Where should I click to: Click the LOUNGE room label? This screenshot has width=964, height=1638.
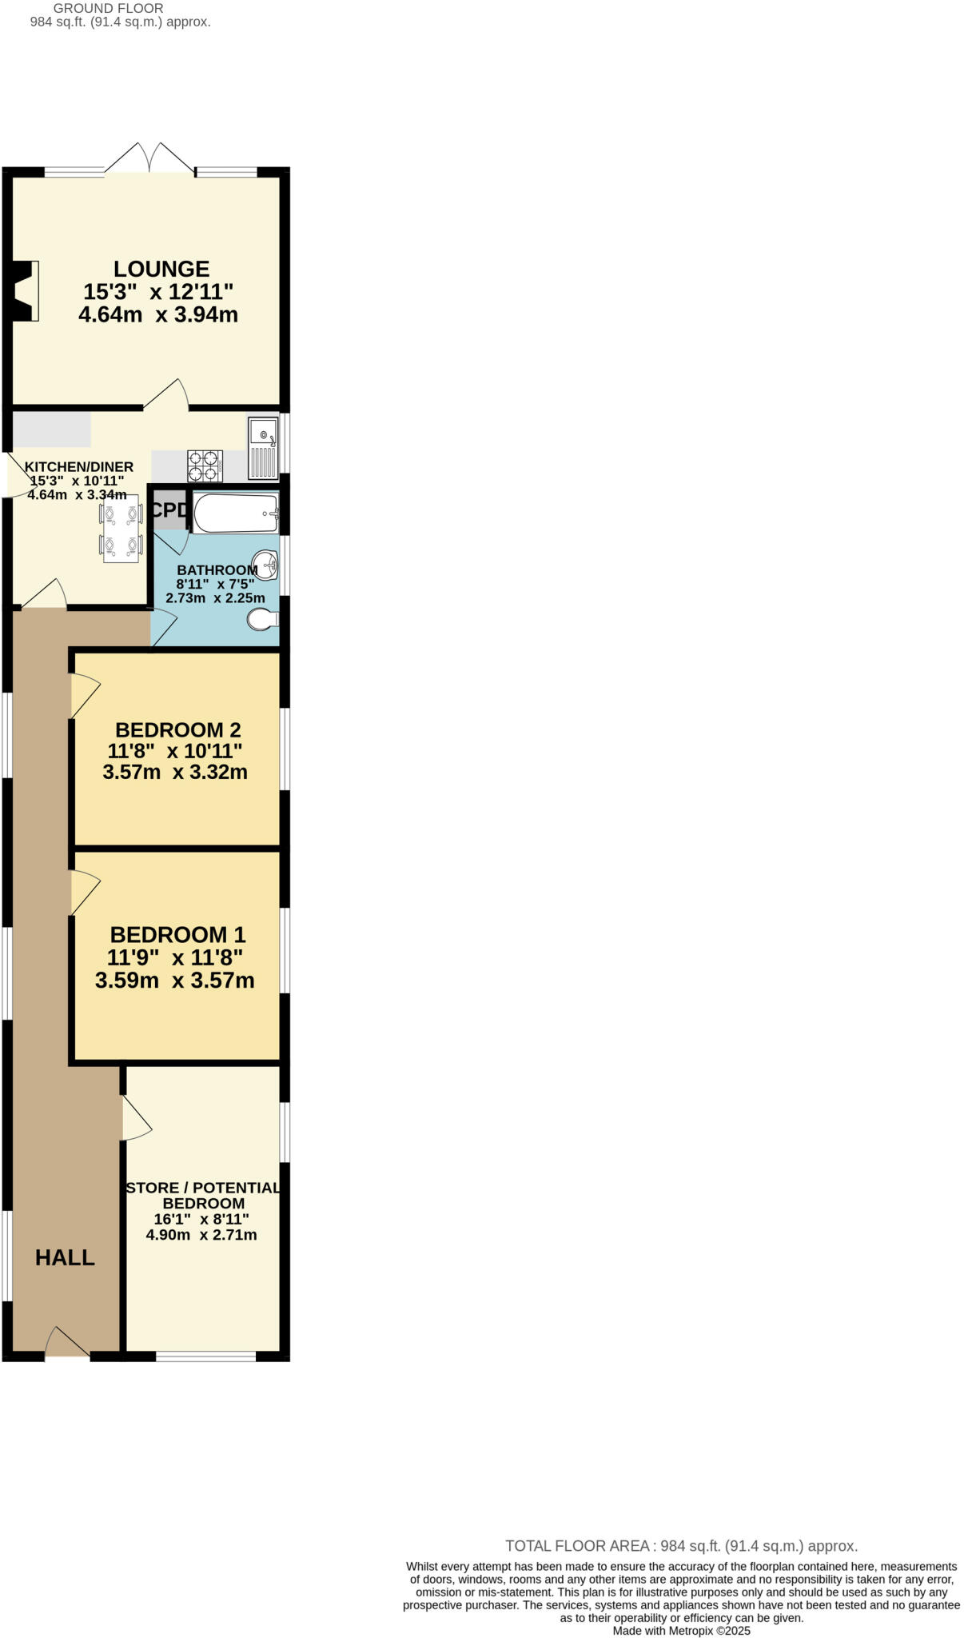[161, 270]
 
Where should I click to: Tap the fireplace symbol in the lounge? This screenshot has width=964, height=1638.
[26, 290]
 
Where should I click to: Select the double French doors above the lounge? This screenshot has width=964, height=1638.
[150, 158]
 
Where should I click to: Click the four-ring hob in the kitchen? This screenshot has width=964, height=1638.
[204, 466]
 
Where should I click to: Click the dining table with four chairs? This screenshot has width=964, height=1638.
[121, 528]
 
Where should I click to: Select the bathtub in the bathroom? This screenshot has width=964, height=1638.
[235, 513]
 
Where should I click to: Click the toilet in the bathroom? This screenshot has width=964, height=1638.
[263, 619]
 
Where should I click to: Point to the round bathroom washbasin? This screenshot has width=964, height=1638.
[265, 565]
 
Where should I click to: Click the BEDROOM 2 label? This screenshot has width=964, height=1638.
[177, 730]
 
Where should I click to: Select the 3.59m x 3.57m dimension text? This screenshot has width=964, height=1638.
[174, 981]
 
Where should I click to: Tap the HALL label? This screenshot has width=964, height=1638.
[65, 1258]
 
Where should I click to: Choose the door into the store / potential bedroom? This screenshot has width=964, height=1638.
[136, 1118]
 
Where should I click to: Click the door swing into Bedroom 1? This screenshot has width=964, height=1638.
[84, 892]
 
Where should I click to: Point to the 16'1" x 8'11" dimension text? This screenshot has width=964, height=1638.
[201, 1220]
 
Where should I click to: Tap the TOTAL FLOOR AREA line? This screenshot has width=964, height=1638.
[681, 1546]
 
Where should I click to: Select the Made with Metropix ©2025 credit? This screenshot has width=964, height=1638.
[681, 1631]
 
